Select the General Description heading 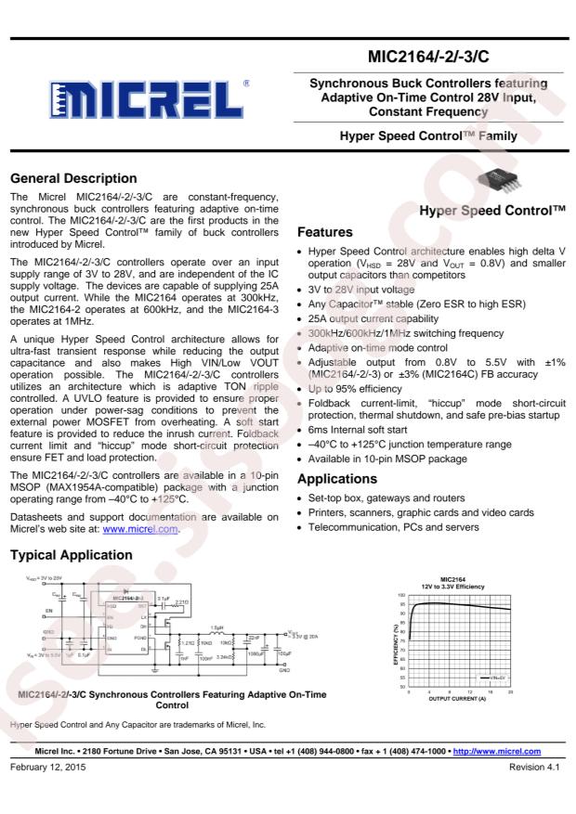pyautogui.click(x=72, y=178)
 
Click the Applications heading pyautogui.click(x=338, y=480)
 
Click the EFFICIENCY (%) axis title pyautogui.click(x=397, y=642)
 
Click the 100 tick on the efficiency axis pyautogui.click(x=402, y=595)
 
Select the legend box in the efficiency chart pyautogui.click(x=491, y=678)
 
